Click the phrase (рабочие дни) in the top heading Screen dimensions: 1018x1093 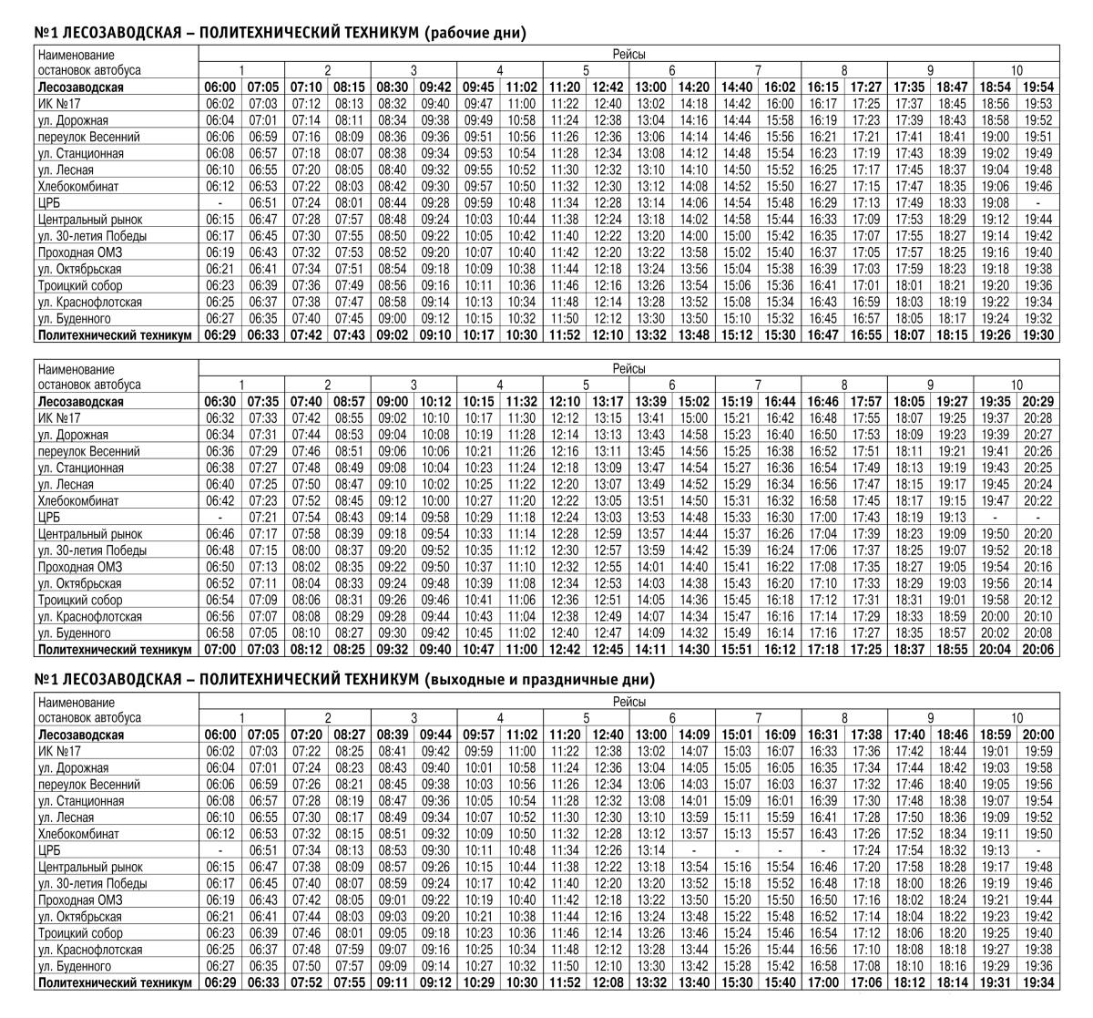(x=475, y=33)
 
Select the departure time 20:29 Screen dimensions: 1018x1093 (x=1039, y=401)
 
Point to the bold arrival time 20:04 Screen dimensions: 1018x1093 (x=996, y=650)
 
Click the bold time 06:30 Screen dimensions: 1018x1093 (x=220, y=401)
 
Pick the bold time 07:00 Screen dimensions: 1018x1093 (x=220, y=650)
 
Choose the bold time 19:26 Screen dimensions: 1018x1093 (x=996, y=334)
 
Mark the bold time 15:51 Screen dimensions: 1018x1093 (x=737, y=650)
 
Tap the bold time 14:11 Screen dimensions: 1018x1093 (x=650, y=650)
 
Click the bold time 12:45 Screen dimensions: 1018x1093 (x=608, y=650)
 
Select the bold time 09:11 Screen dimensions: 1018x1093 (x=393, y=982)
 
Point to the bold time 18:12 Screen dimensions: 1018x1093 (x=909, y=982)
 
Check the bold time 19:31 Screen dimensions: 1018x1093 (x=996, y=982)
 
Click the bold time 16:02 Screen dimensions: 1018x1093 (x=780, y=87)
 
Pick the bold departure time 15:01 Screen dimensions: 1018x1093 (x=737, y=735)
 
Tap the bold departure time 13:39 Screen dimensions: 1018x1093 (x=650, y=401)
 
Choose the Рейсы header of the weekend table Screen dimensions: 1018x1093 (x=628, y=702)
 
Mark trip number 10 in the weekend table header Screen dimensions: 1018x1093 (x=1016, y=718)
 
